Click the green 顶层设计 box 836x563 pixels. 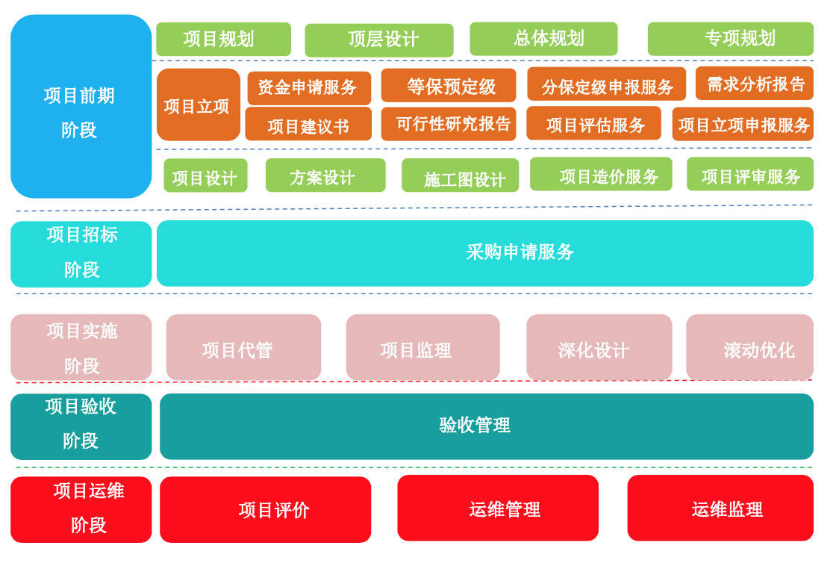click(379, 40)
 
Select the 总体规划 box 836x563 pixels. click(543, 39)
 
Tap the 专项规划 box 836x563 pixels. click(730, 39)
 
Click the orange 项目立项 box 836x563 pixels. click(198, 105)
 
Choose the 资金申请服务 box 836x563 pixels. click(308, 87)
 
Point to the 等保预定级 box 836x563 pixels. click(448, 86)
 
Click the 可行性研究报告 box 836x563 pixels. click(448, 124)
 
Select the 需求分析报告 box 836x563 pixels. click(754, 84)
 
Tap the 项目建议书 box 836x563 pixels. click(308, 125)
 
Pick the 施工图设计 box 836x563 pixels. click(460, 176)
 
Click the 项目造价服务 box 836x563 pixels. click(601, 175)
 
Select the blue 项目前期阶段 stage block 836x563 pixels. click(81, 107)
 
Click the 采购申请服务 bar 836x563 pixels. click(485, 253)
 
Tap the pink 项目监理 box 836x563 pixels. click(422, 348)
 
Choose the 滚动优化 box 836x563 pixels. click(749, 348)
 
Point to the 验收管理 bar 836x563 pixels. click(486, 426)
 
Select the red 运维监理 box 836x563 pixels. click(720, 508)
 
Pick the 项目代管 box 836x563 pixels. click(243, 348)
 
